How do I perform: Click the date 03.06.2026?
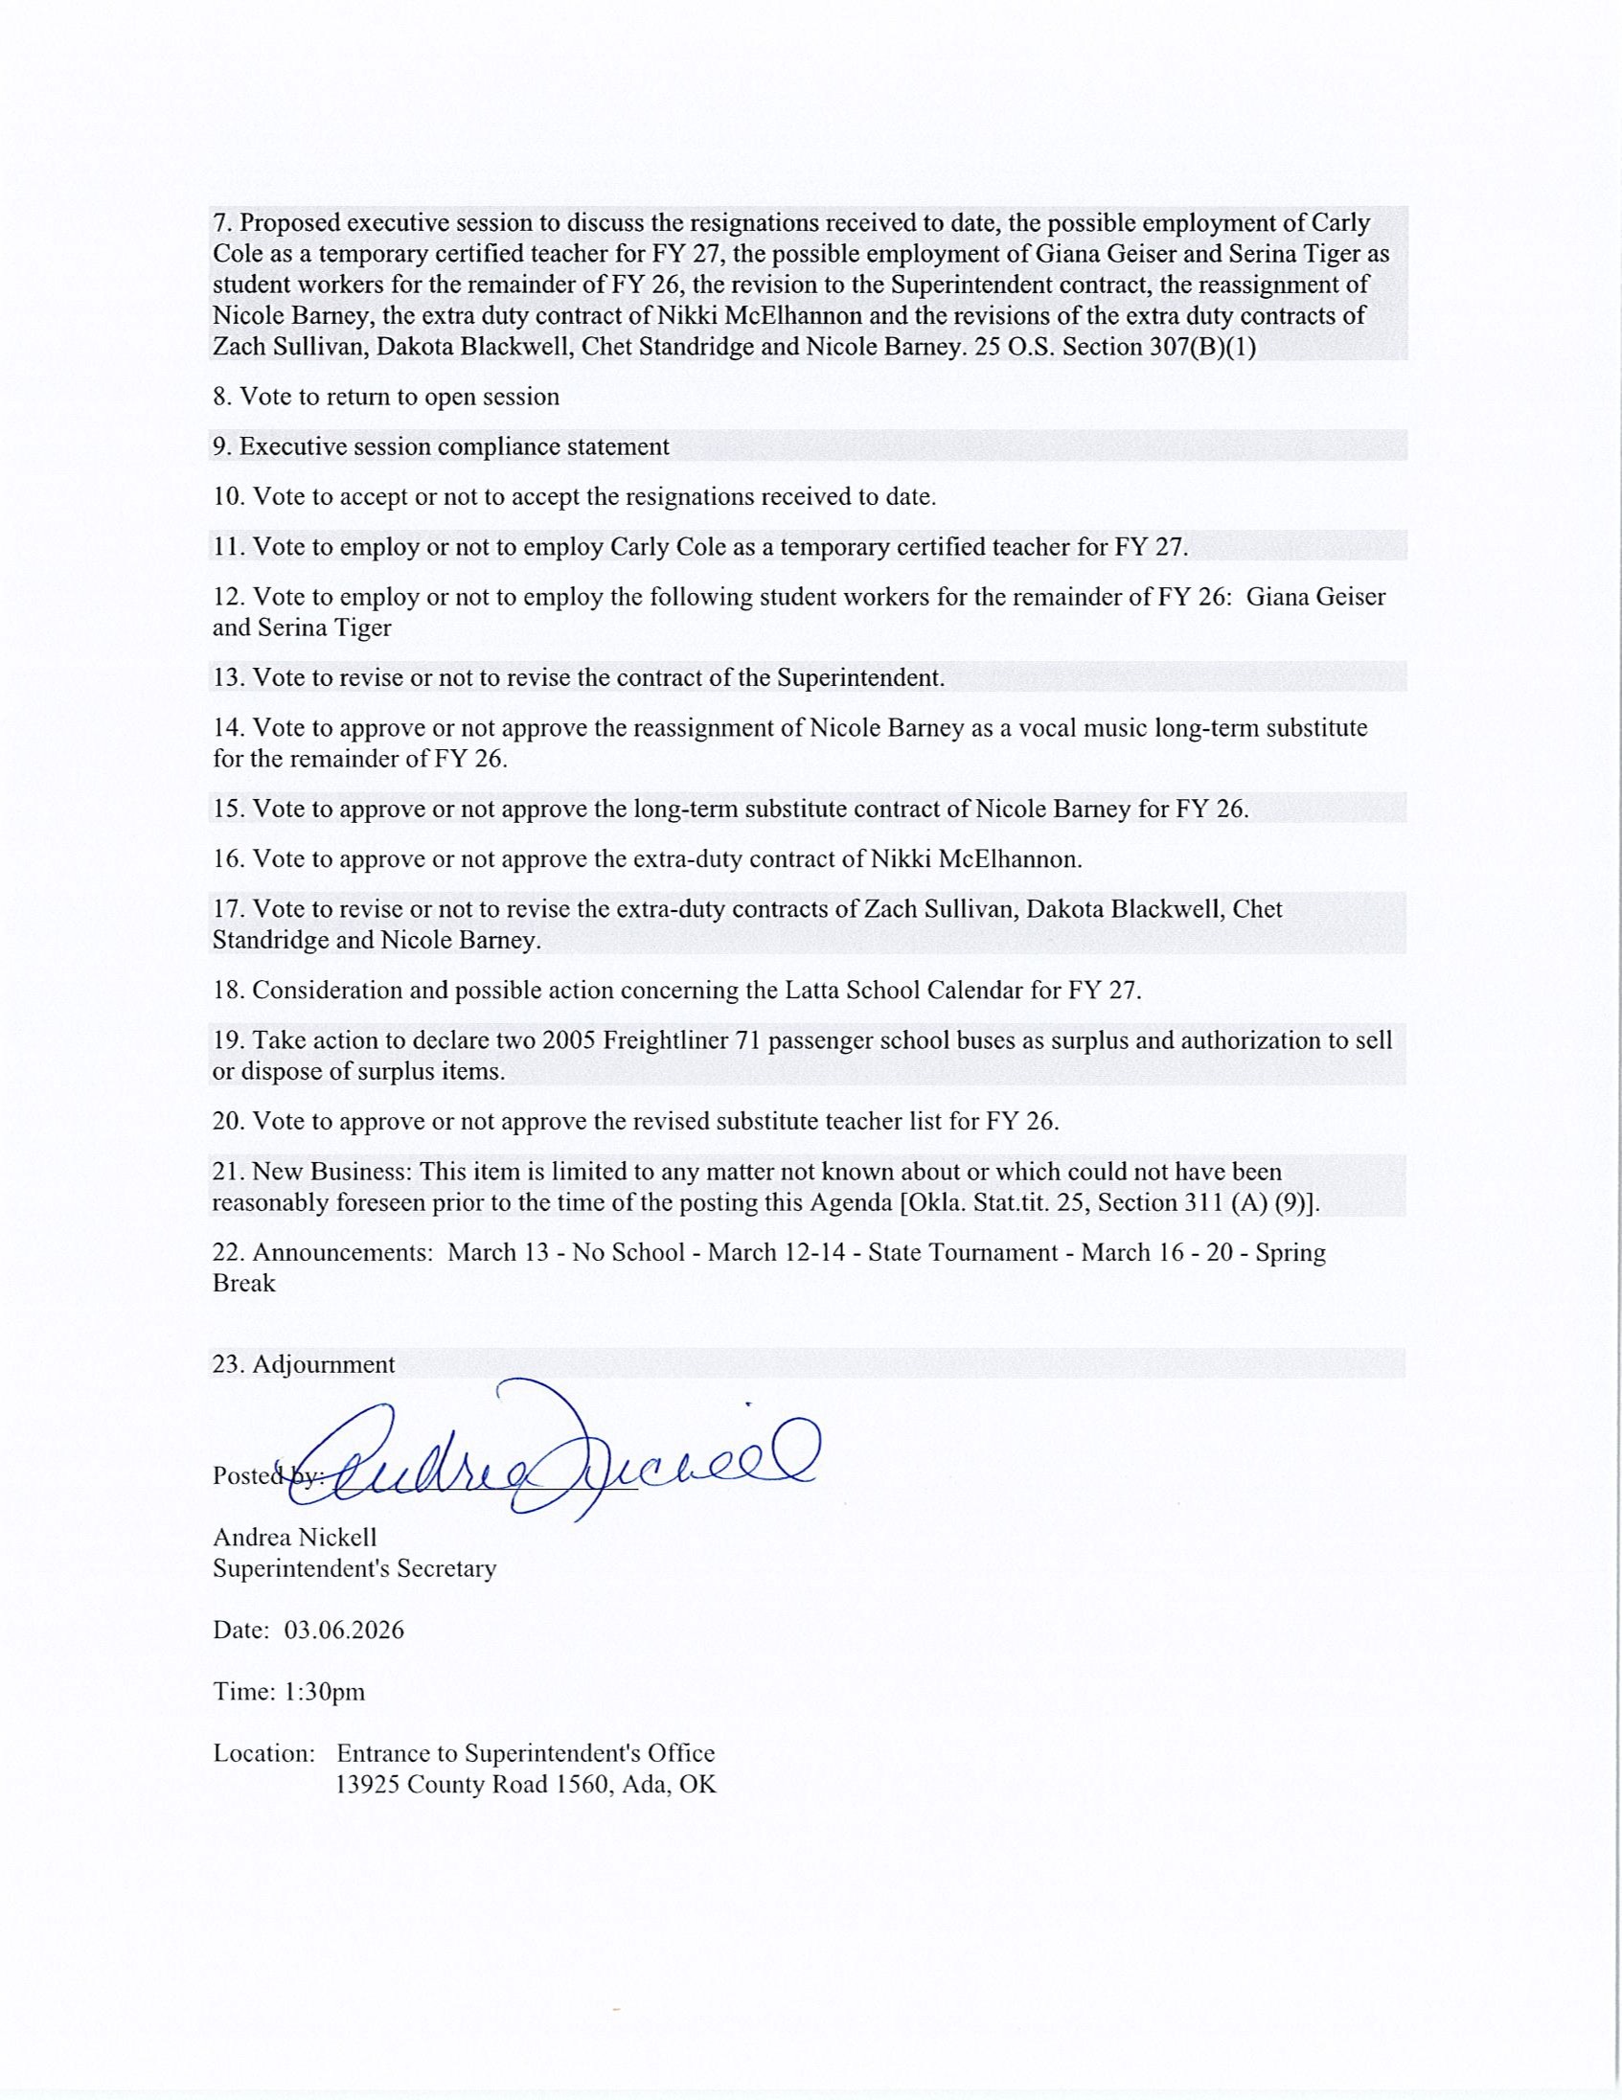click(x=344, y=1630)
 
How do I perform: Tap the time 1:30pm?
click(x=325, y=1691)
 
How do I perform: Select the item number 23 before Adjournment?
click(x=228, y=1364)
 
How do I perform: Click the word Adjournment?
click(x=323, y=1364)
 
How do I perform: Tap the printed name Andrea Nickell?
click(x=295, y=1538)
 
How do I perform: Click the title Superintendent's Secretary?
click(x=354, y=1568)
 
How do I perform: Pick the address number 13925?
click(x=367, y=1784)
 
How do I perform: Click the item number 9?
click(x=221, y=446)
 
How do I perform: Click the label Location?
click(x=264, y=1753)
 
